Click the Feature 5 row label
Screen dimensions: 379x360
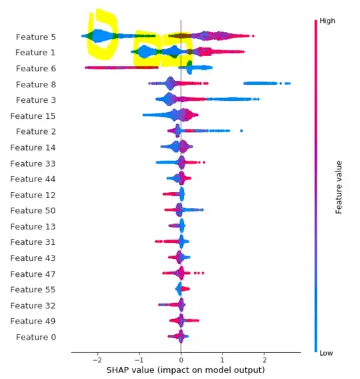[35, 37]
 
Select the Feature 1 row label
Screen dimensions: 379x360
[35, 52]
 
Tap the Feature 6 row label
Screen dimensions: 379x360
[35, 68]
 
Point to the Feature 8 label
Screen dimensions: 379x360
[35, 84]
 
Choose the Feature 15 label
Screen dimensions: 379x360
[33, 116]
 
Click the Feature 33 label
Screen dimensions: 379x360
[33, 163]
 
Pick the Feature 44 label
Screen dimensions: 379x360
[33, 179]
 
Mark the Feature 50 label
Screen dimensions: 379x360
[33, 211]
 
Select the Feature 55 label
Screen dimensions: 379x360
[33, 290]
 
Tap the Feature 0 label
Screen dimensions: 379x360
[35, 337]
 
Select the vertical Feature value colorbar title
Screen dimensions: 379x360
[339, 186]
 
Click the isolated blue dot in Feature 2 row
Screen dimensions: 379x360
[241, 131]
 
